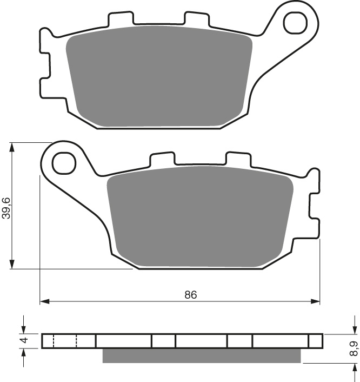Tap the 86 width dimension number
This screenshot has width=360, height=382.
pyautogui.click(x=190, y=295)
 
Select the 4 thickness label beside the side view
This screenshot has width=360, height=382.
pyautogui.click(x=23, y=341)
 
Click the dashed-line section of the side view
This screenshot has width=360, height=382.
pyautogui.click(x=65, y=341)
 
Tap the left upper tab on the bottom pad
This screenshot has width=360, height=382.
pyautogui.click(x=163, y=159)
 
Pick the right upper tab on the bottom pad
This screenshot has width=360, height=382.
pyautogui.click(x=238, y=159)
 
